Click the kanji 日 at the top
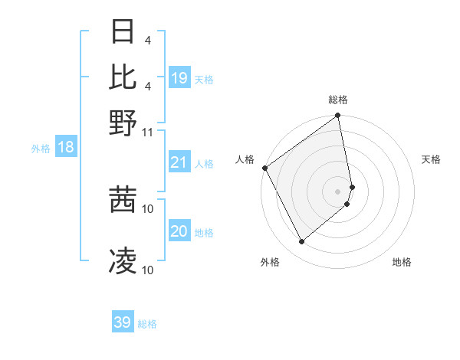coord(123,32)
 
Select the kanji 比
coord(123,77)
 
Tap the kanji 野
coord(123,123)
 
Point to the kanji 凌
coord(123,260)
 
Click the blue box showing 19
coord(179,78)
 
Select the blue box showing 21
coord(179,162)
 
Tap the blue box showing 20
coord(179,231)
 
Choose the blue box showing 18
coord(66,147)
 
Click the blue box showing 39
coord(123,322)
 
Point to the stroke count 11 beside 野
coord(148,132)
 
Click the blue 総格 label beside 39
coord(147,324)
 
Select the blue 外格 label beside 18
coord(41,149)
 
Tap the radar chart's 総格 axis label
coord(338,100)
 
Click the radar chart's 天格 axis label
coord(431,159)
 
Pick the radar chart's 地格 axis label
coord(402,262)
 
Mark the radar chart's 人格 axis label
coord(245,159)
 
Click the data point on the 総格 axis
coord(338,116)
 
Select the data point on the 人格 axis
coord(264,168)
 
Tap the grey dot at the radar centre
coord(338,191)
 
